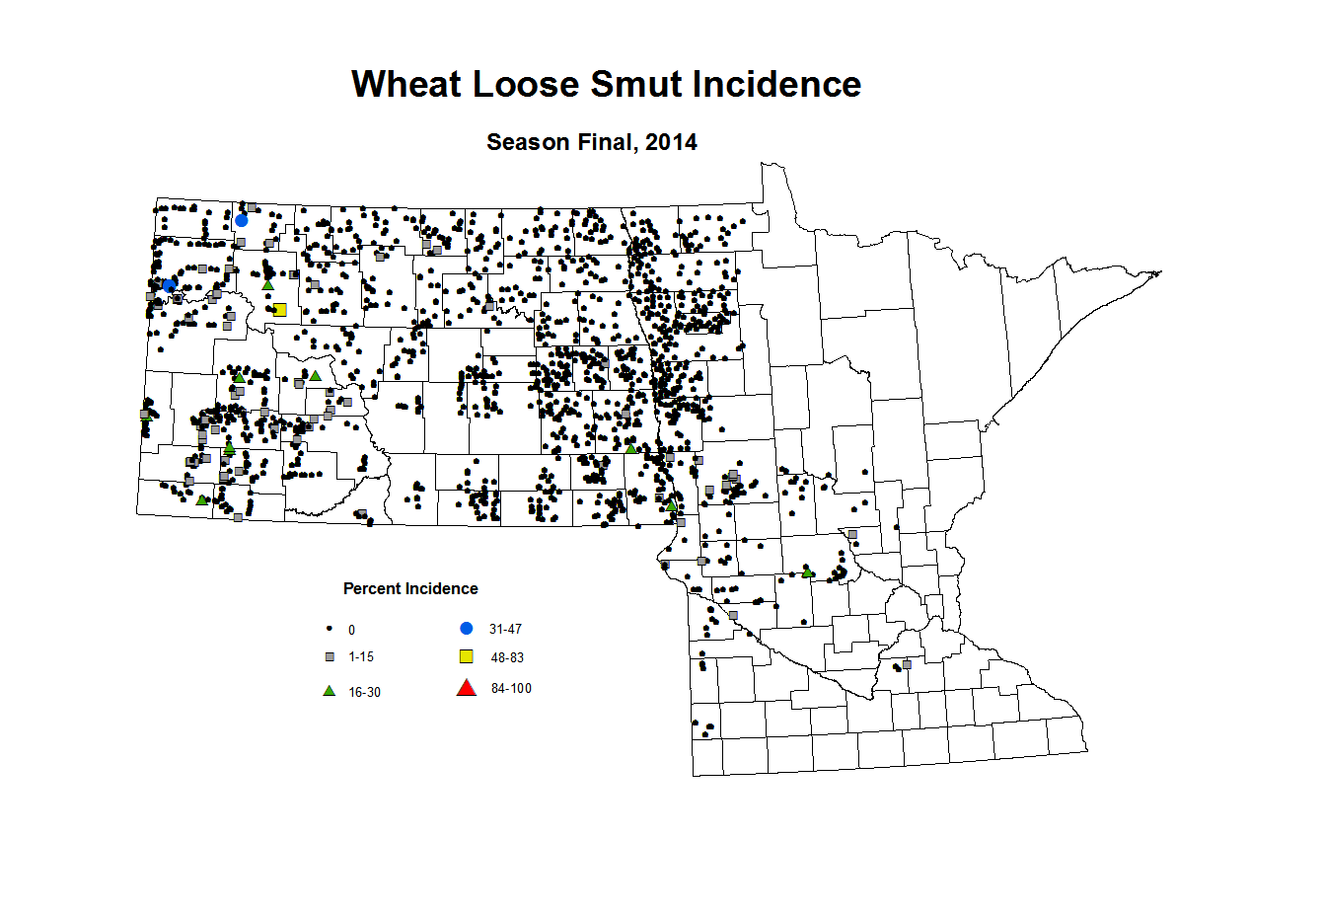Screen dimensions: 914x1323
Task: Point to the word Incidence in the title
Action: point(776,85)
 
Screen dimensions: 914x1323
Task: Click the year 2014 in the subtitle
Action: point(671,142)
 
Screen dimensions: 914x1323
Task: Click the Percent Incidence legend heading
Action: point(410,589)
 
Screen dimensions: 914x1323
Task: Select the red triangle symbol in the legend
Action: point(467,688)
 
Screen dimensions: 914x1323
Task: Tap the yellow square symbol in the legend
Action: point(467,656)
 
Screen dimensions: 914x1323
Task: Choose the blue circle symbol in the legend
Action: point(467,629)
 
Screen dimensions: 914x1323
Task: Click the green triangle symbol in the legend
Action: point(330,691)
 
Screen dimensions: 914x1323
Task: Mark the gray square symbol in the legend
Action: point(330,656)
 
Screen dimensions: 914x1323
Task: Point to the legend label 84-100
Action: point(511,688)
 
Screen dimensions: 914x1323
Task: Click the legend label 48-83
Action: point(507,657)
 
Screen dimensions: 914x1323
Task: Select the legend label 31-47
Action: point(505,629)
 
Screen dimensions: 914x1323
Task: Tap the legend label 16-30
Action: point(364,692)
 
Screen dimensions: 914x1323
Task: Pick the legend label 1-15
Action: point(361,656)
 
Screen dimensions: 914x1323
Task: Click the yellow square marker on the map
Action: point(279,310)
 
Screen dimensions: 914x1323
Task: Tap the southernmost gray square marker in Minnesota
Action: point(907,664)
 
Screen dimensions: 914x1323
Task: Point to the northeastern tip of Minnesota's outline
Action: point(1160,272)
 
